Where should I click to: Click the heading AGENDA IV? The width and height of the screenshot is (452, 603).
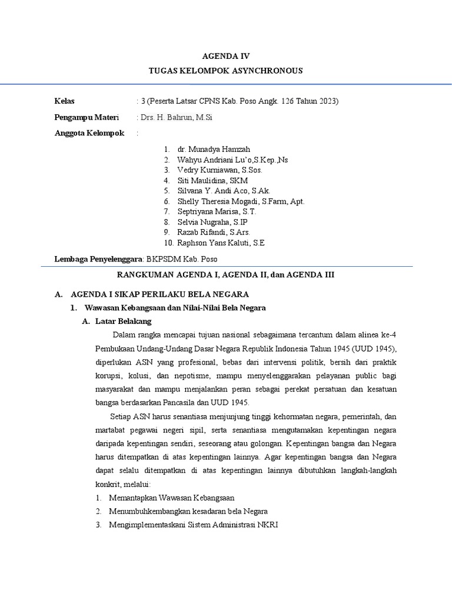(x=226, y=57)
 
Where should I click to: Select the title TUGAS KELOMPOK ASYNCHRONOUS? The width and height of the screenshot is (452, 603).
(x=226, y=71)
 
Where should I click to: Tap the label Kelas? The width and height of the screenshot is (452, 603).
(x=65, y=101)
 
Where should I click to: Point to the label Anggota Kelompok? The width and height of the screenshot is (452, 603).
(x=89, y=133)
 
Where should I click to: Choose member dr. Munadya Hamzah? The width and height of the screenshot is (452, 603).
(x=209, y=150)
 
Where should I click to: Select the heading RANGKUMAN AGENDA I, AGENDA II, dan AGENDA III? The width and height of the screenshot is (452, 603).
(x=226, y=274)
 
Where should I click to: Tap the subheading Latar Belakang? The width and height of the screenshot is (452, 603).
(x=124, y=321)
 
